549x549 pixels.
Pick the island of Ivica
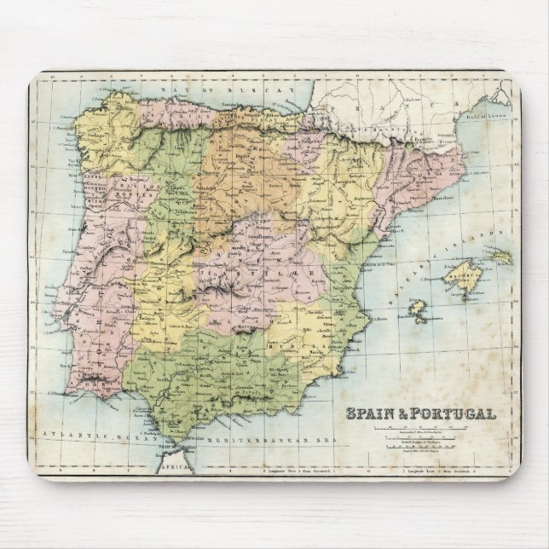[417, 310]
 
